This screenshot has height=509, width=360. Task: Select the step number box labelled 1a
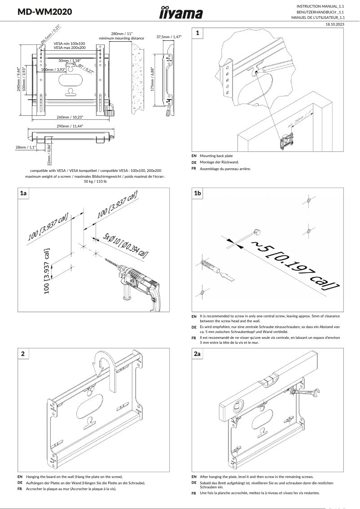point(24,193)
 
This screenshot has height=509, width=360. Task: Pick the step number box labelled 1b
point(198,193)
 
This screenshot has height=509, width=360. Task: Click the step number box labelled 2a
point(198,354)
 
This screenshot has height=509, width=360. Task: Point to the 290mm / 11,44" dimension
point(70,126)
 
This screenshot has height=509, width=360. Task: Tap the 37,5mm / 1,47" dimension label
point(169,37)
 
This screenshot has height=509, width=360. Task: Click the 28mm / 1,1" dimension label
point(25,147)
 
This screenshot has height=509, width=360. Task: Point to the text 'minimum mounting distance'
point(122,39)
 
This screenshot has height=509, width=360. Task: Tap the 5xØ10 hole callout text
point(125,246)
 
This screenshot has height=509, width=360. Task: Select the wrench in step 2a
point(307,393)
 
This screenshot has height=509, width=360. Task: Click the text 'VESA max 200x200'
point(70,47)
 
